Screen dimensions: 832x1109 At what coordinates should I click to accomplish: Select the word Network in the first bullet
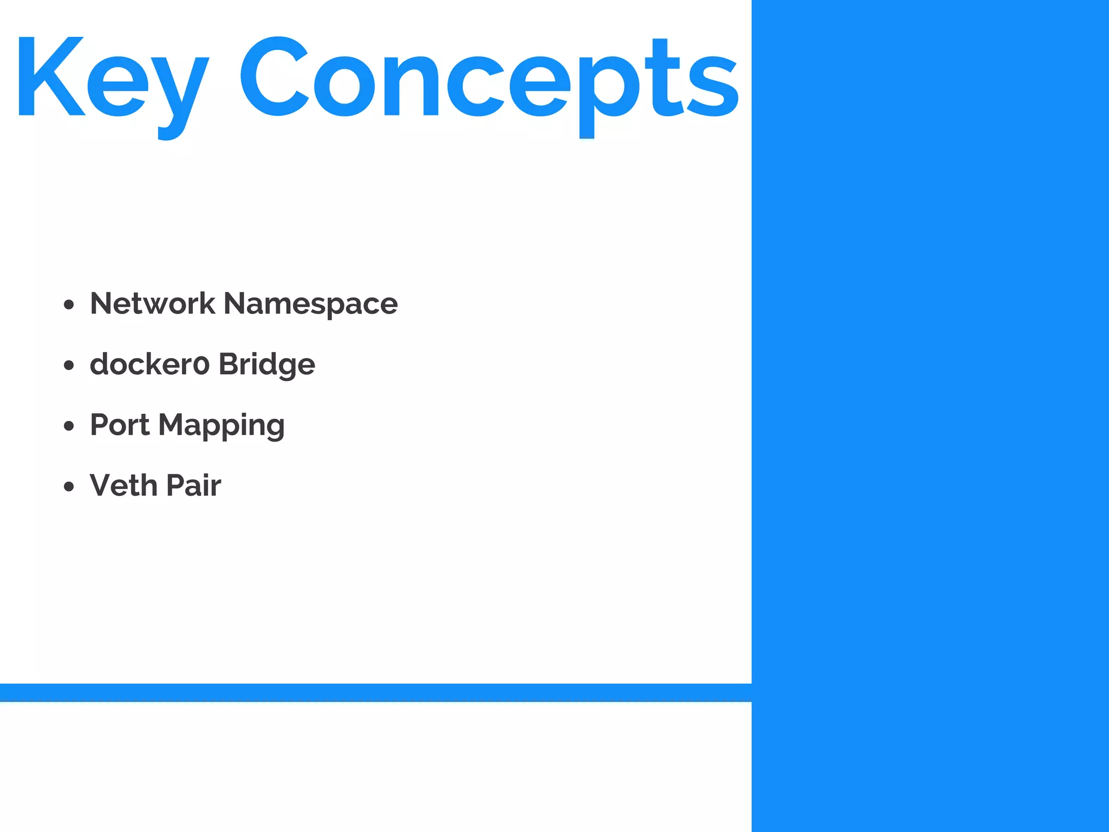click(152, 303)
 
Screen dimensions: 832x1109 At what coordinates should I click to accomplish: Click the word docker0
click(149, 364)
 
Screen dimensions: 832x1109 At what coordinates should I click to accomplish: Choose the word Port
click(120, 425)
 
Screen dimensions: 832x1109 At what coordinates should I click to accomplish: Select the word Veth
click(123, 485)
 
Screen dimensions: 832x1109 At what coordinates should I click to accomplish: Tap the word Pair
click(193, 485)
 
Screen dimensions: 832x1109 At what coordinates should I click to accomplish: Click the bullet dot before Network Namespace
click(68, 304)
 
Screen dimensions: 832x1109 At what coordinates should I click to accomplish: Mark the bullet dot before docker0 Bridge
click(68, 366)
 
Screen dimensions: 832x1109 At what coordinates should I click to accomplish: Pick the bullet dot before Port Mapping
click(68, 426)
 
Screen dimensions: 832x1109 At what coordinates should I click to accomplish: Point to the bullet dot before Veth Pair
click(68, 486)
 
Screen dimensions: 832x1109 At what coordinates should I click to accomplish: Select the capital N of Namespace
click(236, 303)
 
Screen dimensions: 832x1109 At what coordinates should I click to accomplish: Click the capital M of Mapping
click(172, 425)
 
